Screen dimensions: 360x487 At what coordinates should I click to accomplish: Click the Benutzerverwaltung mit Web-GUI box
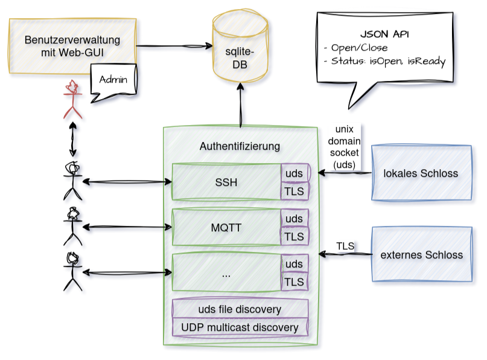point(72,46)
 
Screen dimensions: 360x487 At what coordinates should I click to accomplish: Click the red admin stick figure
point(72,100)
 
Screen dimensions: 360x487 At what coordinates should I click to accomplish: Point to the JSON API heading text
point(381,34)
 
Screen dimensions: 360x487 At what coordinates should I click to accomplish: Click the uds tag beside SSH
point(294,173)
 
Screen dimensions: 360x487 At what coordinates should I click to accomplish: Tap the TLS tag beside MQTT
point(294,236)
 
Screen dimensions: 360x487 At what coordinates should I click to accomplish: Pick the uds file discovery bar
point(240,309)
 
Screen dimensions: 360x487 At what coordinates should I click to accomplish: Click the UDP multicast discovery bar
point(240,327)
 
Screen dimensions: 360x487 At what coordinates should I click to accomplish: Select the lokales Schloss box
point(421,173)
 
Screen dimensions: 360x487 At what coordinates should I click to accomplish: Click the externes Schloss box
point(421,254)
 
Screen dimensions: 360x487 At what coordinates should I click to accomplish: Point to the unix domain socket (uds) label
point(345,147)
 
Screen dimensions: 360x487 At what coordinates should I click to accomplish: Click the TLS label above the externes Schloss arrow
point(345,246)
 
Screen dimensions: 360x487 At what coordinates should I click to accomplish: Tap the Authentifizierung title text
point(240,146)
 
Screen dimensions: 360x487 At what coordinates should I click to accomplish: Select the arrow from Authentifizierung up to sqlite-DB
point(241,106)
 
